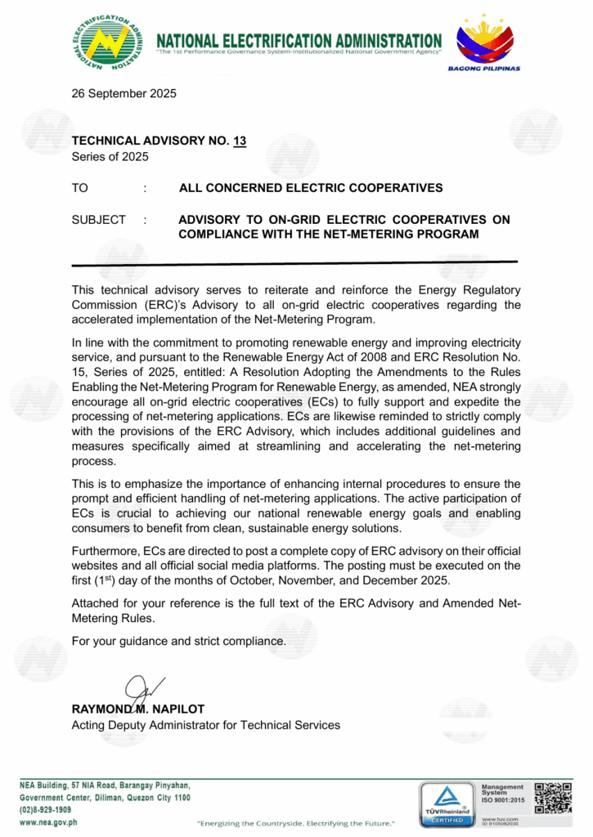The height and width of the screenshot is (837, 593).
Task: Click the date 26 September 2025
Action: point(124,93)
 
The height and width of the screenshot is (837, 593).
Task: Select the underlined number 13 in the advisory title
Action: point(240,141)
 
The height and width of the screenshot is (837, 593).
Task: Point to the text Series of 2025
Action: point(110,156)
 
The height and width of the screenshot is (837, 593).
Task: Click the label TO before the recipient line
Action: point(80,188)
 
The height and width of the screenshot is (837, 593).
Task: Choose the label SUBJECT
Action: point(99,220)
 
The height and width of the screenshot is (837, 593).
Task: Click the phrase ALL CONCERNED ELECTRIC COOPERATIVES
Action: point(311,188)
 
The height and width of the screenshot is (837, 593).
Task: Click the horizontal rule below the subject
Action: point(294,263)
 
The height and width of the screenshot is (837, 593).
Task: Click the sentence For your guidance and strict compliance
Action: point(179,641)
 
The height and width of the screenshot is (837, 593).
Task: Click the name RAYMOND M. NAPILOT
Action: point(138,709)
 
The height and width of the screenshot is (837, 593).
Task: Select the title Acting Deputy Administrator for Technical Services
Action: point(206,724)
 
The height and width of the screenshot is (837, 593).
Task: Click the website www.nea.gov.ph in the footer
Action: point(48,821)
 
